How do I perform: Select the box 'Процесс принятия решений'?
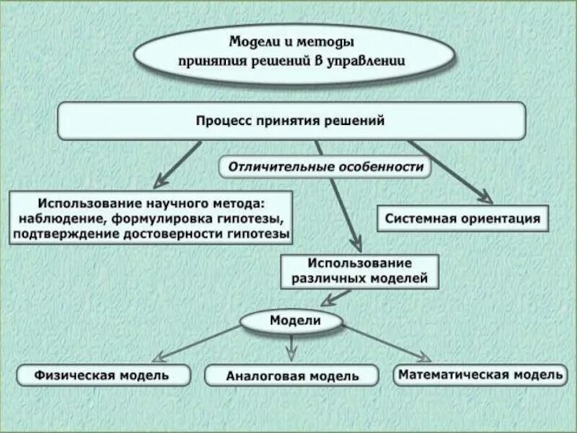(x=291, y=121)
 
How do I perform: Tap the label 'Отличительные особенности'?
(x=325, y=167)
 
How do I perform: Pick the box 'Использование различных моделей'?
(x=359, y=270)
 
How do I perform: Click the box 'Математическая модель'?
(x=480, y=375)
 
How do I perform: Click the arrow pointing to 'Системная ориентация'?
(x=451, y=172)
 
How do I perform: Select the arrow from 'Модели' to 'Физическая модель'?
(x=195, y=342)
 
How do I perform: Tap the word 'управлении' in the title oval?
(x=372, y=61)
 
